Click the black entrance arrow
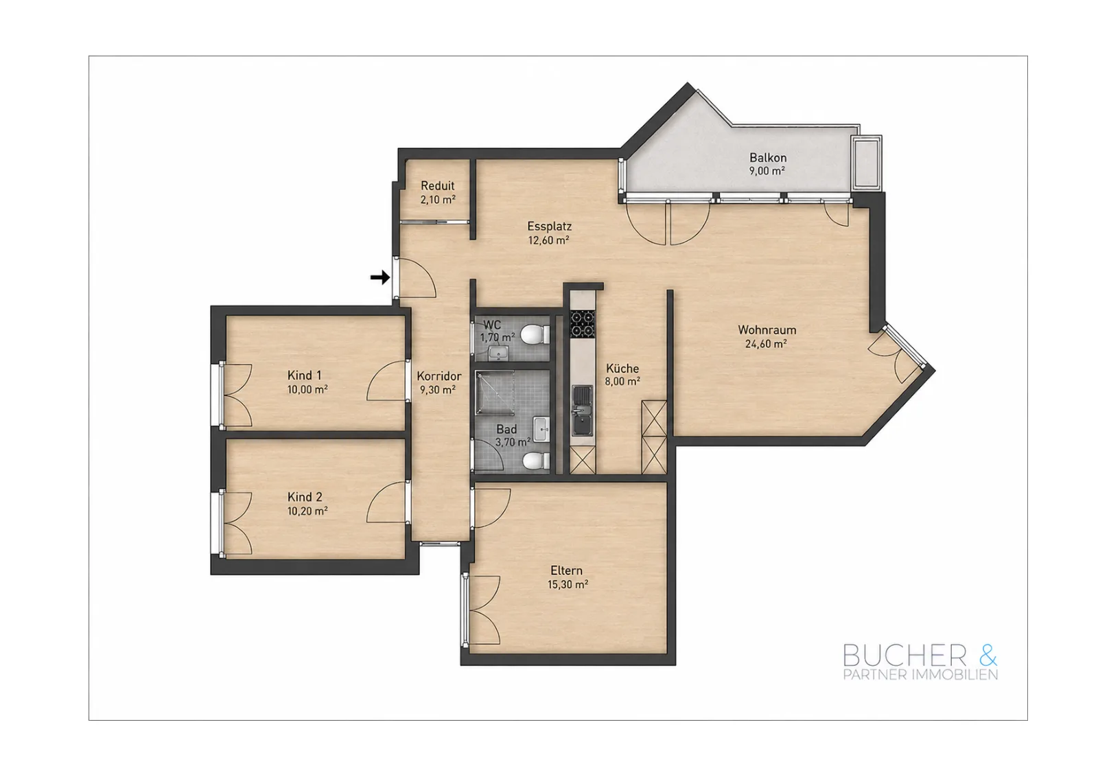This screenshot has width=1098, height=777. click(380, 277)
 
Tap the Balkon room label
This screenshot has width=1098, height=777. click(768, 158)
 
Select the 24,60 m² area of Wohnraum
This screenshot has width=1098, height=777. click(766, 344)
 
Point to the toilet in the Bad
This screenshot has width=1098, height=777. click(536, 461)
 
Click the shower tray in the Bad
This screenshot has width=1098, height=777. click(495, 393)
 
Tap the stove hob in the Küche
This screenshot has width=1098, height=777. click(583, 323)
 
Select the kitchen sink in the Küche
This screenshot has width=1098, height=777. click(583, 410)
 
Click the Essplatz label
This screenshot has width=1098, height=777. click(549, 227)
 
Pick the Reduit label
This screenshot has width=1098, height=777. click(438, 186)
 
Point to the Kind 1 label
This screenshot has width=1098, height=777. click(305, 375)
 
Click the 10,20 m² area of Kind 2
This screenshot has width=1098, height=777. click(307, 511)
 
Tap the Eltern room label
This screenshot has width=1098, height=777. click(567, 570)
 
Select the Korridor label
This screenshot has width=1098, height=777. click(439, 376)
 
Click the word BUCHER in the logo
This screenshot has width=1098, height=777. click(904, 656)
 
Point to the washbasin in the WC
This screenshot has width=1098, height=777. click(499, 352)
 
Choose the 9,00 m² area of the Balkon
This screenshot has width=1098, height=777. click(767, 171)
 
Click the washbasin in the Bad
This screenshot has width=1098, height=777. click(541, 430)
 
